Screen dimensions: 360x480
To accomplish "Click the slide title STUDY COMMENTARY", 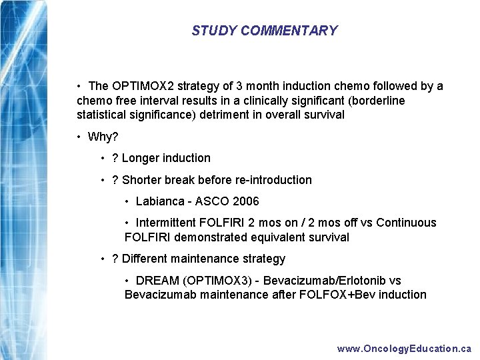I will point(264,31).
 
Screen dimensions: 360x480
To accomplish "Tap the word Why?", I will point(103,137).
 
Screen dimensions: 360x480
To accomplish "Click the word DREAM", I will point(155,281).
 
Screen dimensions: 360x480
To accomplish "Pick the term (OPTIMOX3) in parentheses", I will point(213,281).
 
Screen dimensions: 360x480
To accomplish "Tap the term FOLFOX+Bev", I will point(339,295).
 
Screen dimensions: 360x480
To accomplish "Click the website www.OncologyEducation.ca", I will point(404,349).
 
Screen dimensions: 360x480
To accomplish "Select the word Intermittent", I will point(167,223).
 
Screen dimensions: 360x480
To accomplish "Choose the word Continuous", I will point(406,223).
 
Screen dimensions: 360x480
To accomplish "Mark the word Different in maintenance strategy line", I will point(145,259).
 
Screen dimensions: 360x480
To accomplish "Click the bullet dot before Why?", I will point(79,137).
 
